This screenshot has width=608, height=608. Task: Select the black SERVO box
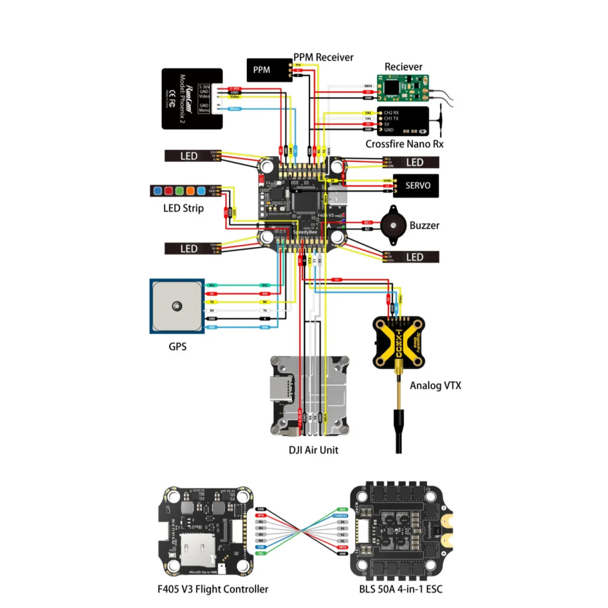point(415,186)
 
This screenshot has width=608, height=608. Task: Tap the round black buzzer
point(393,225)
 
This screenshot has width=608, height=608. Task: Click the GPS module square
point(177,306)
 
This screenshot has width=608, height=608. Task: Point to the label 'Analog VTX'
point(435,385)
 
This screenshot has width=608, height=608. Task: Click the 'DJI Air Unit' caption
point(313,450)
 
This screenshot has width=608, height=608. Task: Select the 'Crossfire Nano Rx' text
point(404,144)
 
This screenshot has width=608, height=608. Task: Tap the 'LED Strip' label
point(183,208)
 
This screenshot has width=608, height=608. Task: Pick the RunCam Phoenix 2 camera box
point(192,98)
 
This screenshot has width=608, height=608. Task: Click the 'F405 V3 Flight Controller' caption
point(213,589)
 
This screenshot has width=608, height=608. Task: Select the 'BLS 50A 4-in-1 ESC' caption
point(400,589)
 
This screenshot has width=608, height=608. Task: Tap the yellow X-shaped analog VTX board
point(398,343)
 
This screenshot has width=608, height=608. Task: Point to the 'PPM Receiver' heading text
point(323,57)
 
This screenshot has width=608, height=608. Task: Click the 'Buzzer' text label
point(424,225)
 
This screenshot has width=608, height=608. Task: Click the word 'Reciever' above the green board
point(403,67)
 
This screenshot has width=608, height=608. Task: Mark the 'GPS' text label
point(178,347)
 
